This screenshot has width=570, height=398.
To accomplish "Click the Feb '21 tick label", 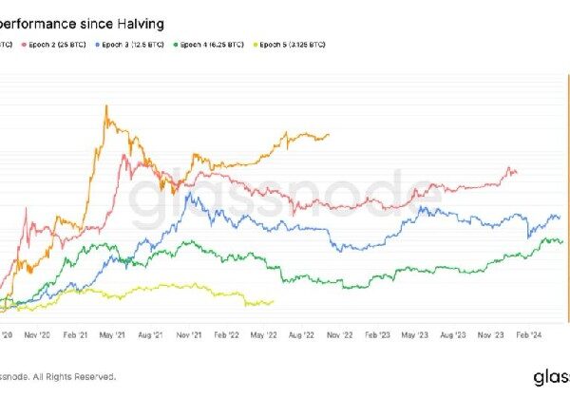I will pyautogui.click(x=75, y=334).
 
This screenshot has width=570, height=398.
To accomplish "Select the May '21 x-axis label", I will pyautogui.click(x=113, y=334).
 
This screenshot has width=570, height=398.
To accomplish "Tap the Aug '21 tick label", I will pyautogui.click(x=152, y=334).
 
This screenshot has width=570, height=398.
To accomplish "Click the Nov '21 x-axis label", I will pyautogui.click(x=190, y=334).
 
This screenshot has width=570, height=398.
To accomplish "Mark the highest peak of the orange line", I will pyautogui.click(x=107, y=105).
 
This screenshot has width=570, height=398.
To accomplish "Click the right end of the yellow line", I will pyautogui.click(x=274, y=302).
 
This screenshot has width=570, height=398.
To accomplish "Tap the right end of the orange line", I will pyautogui.click(x=330, y=134).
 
